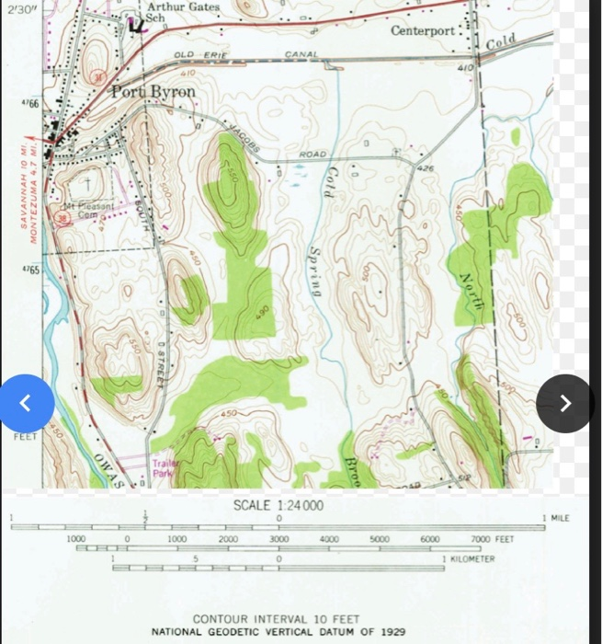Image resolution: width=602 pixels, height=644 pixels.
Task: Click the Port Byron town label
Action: tap(153, 92)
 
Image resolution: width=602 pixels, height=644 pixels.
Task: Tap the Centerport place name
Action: tap(422, 31)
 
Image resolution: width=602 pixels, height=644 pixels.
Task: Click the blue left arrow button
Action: tap(26, 403)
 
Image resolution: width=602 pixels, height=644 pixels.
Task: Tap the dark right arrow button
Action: tap(564, 403)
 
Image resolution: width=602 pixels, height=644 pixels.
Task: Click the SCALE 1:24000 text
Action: tap(278, 505)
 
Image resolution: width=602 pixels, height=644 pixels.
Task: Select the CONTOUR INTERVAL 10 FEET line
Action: tap(276, 619)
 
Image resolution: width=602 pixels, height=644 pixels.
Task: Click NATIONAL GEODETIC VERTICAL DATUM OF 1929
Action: tap(278, 632)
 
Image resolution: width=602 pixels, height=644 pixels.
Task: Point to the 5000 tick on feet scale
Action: tap(380, 539)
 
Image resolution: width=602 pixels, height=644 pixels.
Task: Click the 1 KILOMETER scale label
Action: tap(469, 558)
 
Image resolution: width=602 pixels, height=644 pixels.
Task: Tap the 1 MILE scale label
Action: tap(557, 519)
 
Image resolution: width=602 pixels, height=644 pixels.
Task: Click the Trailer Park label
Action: tap(163, 469)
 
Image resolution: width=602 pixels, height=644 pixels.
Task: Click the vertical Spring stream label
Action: tap(315, 270)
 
